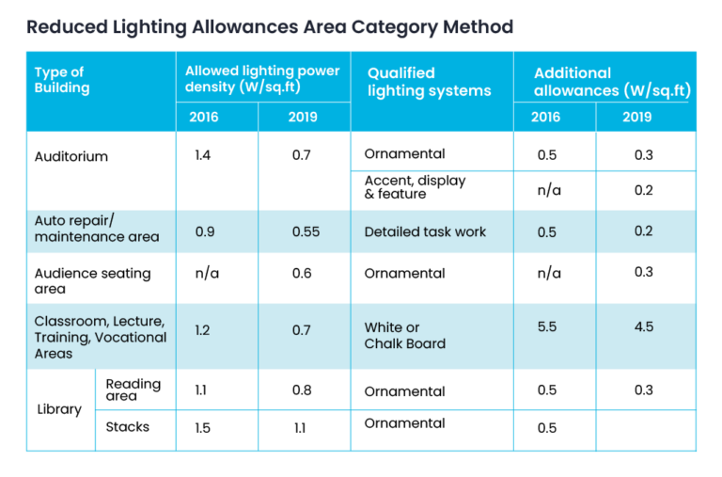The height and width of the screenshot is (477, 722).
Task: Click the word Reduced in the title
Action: tap(68, 26)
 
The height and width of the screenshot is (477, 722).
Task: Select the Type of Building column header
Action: tap(62, 80)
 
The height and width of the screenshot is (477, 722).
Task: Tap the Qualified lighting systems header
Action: tap(429, 82)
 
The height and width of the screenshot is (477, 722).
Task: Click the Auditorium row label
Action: tap(71, 157)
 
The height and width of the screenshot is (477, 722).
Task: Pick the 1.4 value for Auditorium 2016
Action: tap(203, 155)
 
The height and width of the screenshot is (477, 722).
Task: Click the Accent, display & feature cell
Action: tap(415, 187)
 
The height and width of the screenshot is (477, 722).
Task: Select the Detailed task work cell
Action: tap(425, 231)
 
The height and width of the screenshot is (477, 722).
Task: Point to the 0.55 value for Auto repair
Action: tap(306, 231)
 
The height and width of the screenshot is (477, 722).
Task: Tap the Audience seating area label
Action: tap(92, 281)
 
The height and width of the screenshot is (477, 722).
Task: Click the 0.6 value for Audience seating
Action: tap(302, 273)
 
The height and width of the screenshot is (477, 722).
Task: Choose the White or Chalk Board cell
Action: tap(405, 336)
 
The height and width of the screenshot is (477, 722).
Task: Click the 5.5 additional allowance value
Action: tap(547, 326)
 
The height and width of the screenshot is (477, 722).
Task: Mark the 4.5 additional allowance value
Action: tap(644, 326)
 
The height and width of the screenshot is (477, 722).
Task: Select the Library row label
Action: tap(59, 409)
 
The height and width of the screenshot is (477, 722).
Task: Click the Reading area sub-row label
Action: tap(133, 390)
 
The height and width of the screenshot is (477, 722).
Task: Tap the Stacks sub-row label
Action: tap(128, 427)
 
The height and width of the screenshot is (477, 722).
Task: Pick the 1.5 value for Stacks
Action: tap(203, 428)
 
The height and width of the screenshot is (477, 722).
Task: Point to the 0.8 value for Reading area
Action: tap(302, 390)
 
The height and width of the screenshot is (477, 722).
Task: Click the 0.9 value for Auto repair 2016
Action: tap(205, 231)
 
